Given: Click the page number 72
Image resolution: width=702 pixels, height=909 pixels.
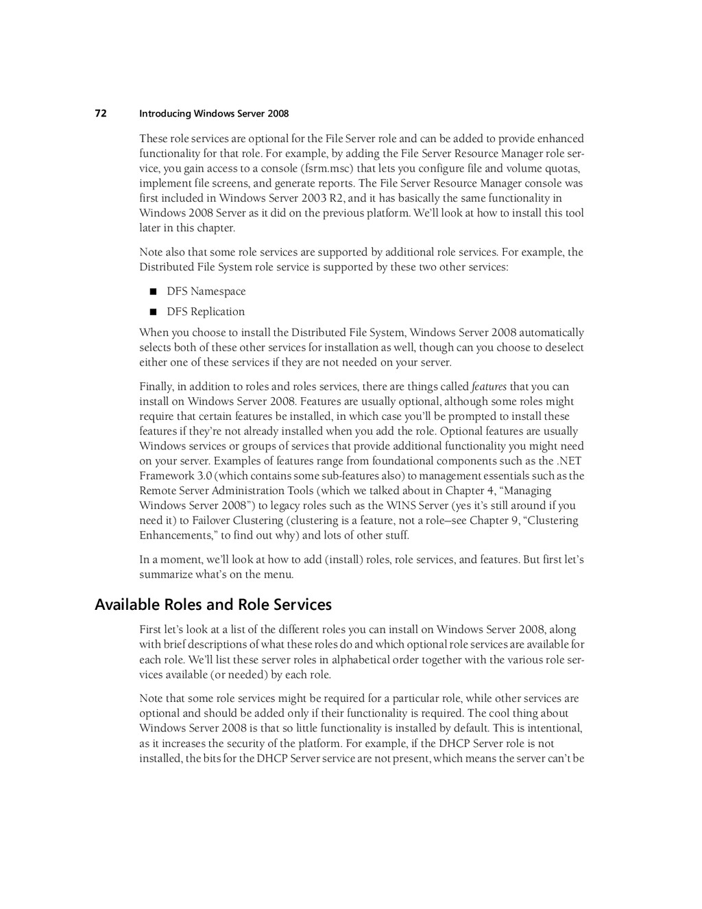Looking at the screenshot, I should click(x=100, y=114).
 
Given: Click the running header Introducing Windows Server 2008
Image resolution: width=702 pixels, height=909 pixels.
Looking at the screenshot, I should click(x=214, y=114).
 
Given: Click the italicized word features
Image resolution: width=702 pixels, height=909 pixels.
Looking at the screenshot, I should click(x=489, y=387).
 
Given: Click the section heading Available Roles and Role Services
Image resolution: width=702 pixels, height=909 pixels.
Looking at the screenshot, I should click(x=213, y=605).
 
